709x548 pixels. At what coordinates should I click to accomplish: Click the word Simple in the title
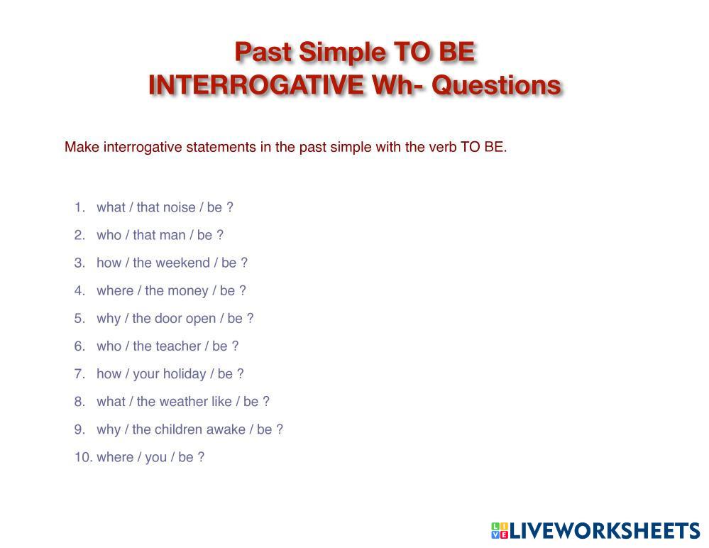click(342, 53)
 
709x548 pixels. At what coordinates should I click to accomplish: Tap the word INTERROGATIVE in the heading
click(256, 85)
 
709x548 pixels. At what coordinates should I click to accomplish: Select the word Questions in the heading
click(496, 85)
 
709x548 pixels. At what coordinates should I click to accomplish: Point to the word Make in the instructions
click(82, 147)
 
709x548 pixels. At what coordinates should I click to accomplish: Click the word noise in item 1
click(179, 207)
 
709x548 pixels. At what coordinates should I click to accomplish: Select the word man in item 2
click(172, 235)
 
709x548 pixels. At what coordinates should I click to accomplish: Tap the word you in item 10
click(156, 458)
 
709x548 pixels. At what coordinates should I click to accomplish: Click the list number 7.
click(80, 374)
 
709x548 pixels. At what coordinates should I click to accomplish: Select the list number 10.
click(84, 457)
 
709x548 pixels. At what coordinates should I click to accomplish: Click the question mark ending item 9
click(280, 429)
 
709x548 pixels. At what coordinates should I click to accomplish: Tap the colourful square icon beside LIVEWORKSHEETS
click(500, 530)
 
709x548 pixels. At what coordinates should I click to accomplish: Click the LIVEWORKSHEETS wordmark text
click(605, 531)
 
